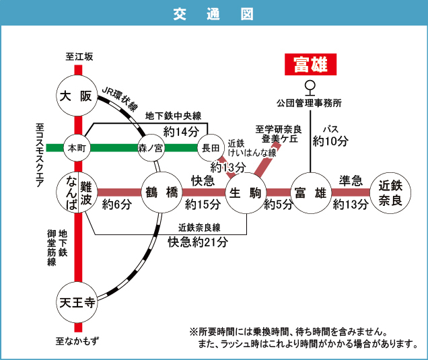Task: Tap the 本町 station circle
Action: (x=75, y=147)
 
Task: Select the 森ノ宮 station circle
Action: (x=151, y=147)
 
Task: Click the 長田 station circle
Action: (x=209, y=147)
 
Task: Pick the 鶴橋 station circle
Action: (x=162, y=192)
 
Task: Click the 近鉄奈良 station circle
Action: (x=390, y=192)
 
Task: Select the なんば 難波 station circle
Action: (x=79, y=192)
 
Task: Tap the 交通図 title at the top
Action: (x=213, y=13)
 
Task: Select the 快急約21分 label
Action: (x=199, y=241)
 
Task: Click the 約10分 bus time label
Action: (x=330, y=141)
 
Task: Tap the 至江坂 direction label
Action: (x=79, y=57)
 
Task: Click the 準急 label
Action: (x=351, y=180)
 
